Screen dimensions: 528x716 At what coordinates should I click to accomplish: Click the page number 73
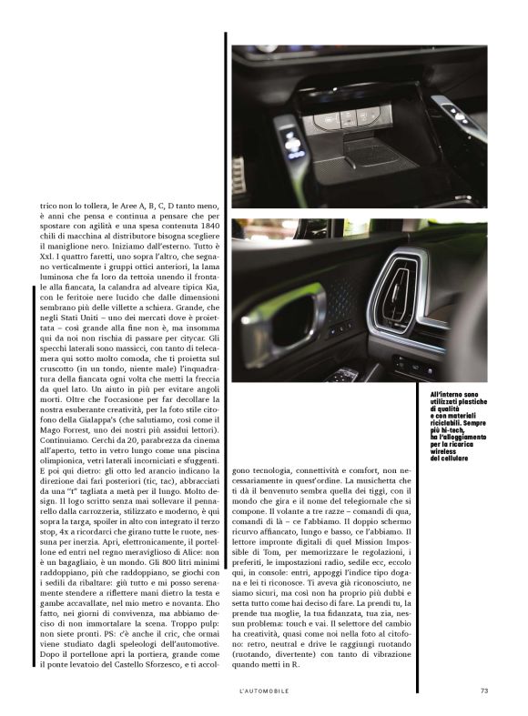pos(484,690)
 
